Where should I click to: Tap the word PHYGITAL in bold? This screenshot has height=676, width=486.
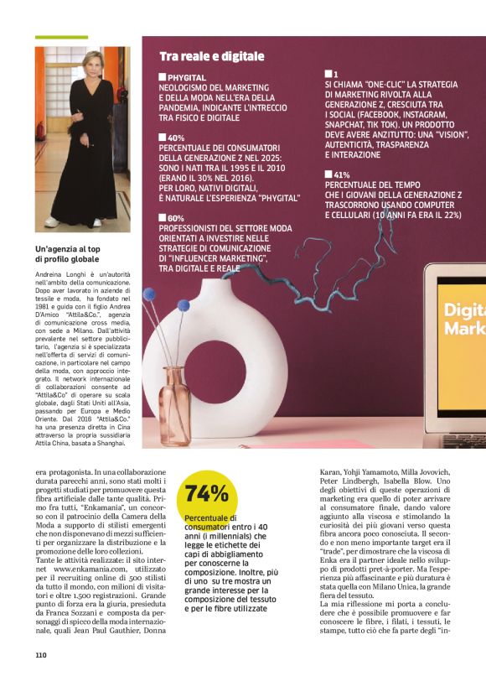187,77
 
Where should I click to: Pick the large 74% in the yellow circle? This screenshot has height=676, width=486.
206,492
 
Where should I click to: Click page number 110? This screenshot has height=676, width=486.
41,655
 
